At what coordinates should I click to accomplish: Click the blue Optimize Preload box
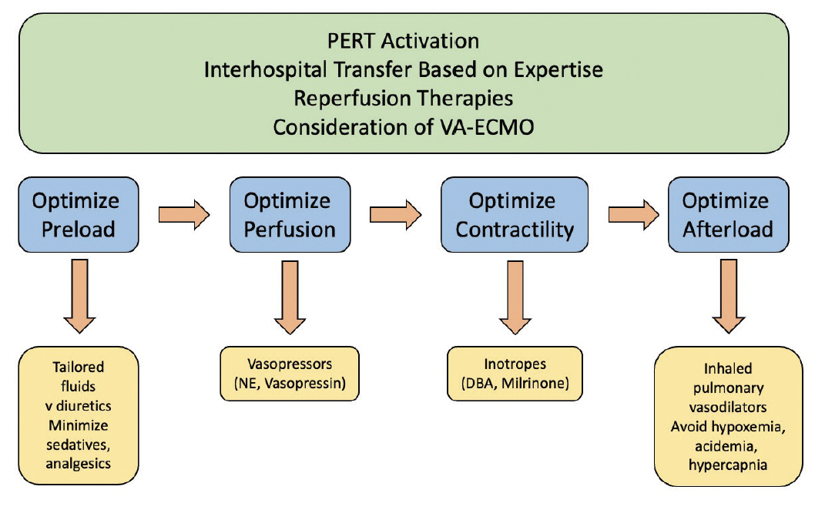pos(75,216)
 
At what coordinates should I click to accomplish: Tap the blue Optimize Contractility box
pos(512,216)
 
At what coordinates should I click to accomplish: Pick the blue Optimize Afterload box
pos(727,216)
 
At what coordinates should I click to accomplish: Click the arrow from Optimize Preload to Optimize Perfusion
pos(183,215)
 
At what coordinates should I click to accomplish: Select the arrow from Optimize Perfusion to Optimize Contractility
pos(396,215)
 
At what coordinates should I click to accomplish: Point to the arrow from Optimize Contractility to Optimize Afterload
pos(634,215)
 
